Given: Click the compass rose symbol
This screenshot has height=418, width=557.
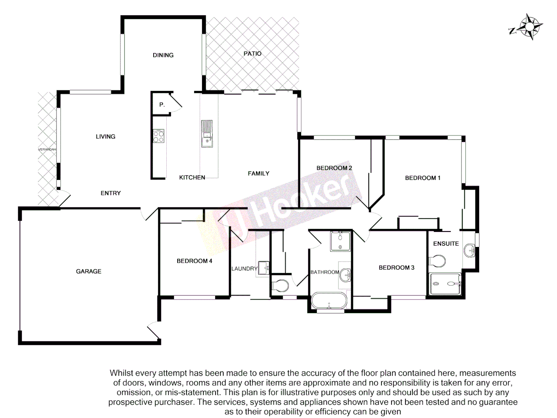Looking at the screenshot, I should coord(528,27).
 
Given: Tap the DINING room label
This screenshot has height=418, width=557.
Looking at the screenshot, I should coord(163,55).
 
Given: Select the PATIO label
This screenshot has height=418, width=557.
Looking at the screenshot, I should coord(252,54).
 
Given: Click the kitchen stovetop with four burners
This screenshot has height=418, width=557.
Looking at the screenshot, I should coord(159,136).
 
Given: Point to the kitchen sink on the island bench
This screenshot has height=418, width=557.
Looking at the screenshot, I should coord(207,134).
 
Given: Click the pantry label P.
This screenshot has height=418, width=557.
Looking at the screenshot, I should coord(162,104).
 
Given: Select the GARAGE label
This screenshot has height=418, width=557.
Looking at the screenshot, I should coord(89,271).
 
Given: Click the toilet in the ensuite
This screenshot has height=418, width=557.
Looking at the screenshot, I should coord(437,261).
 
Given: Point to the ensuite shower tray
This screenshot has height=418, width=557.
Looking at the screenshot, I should coord(445,284).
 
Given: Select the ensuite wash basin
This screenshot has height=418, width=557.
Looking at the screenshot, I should coord(470,250).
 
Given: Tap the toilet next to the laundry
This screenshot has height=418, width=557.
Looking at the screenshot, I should coord(280,286).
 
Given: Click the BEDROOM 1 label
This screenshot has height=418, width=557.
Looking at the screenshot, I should coord(422,178).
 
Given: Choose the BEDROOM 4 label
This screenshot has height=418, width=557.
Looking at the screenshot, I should coord(194,261).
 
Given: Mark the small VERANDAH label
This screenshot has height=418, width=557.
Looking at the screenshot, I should coord(47,149).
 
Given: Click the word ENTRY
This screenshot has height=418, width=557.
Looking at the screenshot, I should coord(111,193).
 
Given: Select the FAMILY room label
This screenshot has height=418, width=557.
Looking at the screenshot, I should coord(258,173).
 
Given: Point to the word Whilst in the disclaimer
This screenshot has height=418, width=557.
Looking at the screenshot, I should coord(121,373).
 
